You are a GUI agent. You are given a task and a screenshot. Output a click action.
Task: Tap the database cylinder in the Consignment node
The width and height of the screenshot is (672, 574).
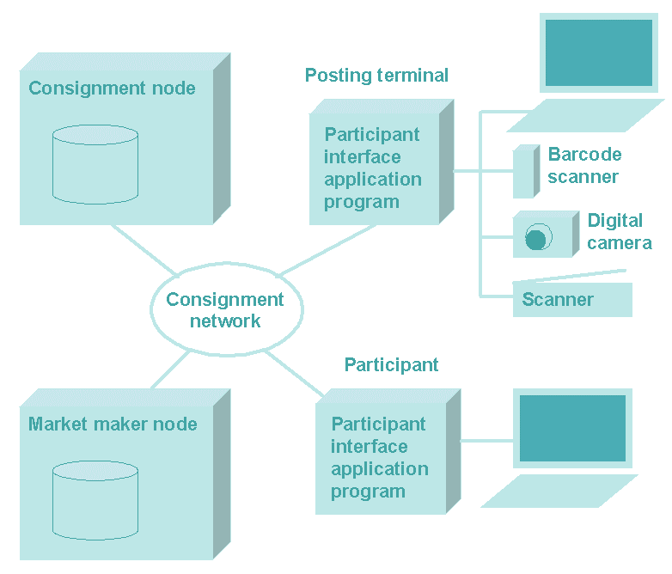(95, 165)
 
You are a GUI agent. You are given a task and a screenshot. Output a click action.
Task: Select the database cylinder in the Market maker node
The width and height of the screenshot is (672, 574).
(95, 500)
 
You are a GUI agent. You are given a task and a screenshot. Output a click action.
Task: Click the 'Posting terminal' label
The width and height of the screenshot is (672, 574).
(376, 76)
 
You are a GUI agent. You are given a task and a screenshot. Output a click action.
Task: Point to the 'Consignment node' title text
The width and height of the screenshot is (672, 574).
(112, 89)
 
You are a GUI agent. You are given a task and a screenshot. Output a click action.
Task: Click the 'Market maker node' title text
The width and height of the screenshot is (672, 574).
(113, 424)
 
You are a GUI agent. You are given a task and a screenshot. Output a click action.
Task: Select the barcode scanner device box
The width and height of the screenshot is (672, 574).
(526, 172)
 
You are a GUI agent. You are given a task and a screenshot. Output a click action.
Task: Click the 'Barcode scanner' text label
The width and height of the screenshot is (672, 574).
(584, 166)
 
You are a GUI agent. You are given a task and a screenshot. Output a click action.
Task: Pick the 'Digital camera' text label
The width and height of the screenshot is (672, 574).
(620, 231)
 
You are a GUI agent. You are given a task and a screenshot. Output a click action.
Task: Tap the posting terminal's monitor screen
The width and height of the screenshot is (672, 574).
(599, 52)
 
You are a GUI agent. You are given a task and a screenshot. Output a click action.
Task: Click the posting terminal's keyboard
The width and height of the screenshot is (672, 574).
(586, 116)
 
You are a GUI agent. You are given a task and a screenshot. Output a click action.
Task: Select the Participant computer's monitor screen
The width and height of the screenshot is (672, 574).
(572, 428)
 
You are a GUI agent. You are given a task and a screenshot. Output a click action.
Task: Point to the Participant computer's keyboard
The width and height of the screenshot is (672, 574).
(559, 492)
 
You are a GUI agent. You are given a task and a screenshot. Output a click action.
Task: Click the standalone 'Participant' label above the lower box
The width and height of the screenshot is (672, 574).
(391, 365)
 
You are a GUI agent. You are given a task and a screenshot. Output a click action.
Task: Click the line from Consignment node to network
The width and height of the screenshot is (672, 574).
(144, 250)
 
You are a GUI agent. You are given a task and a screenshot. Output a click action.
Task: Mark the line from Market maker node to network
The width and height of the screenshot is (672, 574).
(170, 370)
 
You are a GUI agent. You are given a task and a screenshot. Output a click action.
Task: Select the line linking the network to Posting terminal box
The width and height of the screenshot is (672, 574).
(328, 249)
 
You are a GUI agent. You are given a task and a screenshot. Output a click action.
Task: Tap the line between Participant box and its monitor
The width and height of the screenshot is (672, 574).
(487, 441)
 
